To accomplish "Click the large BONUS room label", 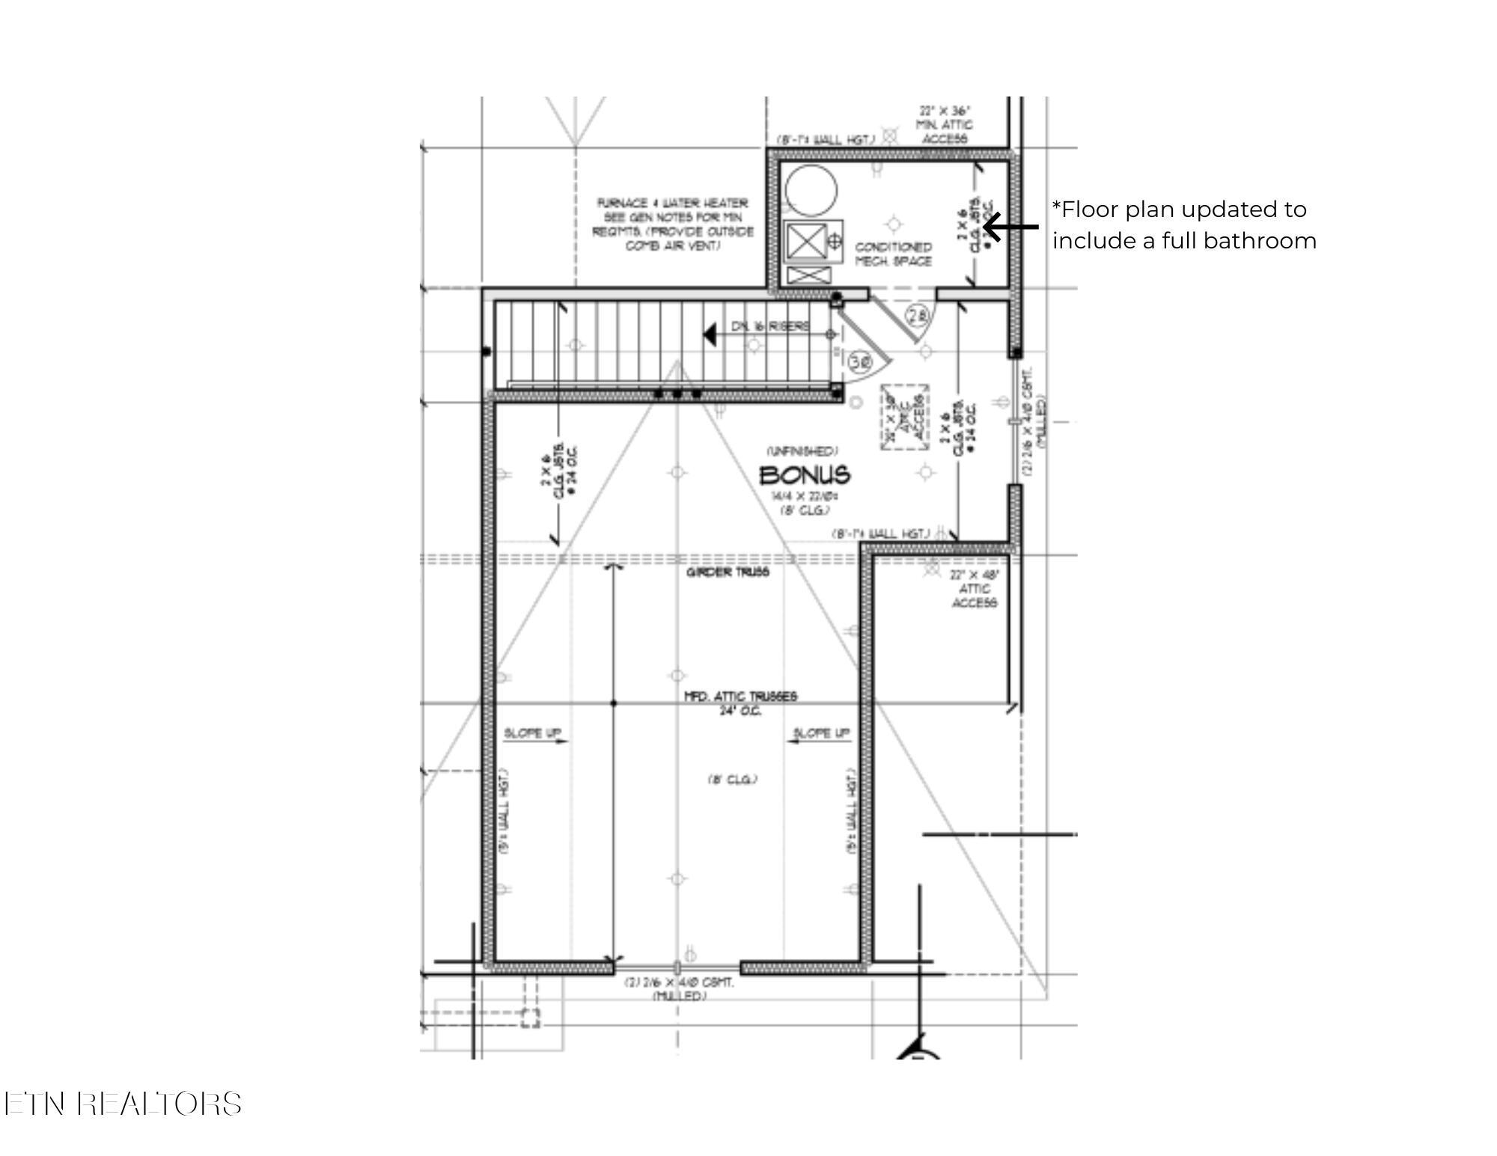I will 805,475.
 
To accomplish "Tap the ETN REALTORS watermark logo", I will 124,1104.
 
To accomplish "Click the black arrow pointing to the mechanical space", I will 1010,226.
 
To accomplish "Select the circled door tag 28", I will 918,316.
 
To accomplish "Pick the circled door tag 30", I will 861,362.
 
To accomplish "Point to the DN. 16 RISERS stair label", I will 769,326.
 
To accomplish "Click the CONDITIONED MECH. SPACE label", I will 893,254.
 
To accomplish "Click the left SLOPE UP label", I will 532,733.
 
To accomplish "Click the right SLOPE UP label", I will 821,733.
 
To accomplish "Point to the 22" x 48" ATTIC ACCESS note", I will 974,589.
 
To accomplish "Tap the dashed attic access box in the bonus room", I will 904,418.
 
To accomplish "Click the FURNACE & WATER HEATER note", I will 672,224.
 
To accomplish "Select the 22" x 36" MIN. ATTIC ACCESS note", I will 944,124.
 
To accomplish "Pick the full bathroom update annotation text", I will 1183,224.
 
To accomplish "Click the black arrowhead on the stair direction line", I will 709,334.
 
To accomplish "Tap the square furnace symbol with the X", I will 805,241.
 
